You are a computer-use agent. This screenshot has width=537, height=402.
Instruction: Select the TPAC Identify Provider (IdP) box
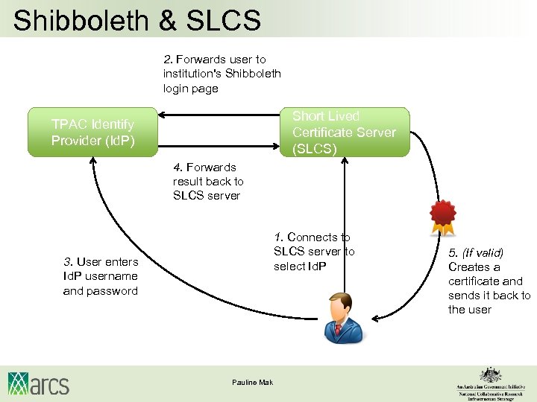(92, 132)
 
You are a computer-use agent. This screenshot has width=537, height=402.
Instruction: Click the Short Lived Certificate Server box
(344, 132)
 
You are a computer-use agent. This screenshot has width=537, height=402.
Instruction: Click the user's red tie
(339, 328)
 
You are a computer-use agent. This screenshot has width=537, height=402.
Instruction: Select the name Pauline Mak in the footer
(252, 383)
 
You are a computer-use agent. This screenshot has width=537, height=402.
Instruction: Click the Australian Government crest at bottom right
(490, 374)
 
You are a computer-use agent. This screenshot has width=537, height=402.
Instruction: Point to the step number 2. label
(169, 60)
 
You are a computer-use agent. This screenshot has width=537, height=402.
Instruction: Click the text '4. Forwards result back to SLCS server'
(208, 182)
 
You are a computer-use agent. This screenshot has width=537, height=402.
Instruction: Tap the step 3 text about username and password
(101, 276)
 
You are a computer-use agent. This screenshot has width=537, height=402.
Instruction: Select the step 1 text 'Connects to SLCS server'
(314, 252)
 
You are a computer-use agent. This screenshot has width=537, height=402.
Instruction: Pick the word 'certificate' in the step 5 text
(474, 281)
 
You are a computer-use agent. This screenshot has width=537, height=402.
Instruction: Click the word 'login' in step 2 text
(178, 89)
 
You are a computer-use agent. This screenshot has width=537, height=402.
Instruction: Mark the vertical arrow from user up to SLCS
(344, 223)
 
